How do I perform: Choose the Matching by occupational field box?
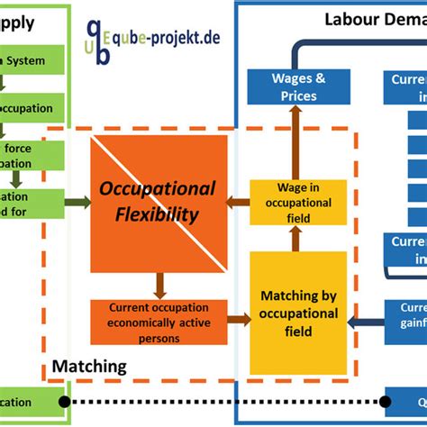click(x=298, y=313)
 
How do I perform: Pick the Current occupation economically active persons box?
click(x=158, y=321)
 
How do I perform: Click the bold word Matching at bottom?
click(x=89, y=367)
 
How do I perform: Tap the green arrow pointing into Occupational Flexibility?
click(x=78, y=203)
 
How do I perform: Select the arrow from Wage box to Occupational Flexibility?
click(x=237, y=203)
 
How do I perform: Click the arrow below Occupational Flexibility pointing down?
click(x=158, y=285)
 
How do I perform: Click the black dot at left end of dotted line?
click(x=64, y=401)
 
